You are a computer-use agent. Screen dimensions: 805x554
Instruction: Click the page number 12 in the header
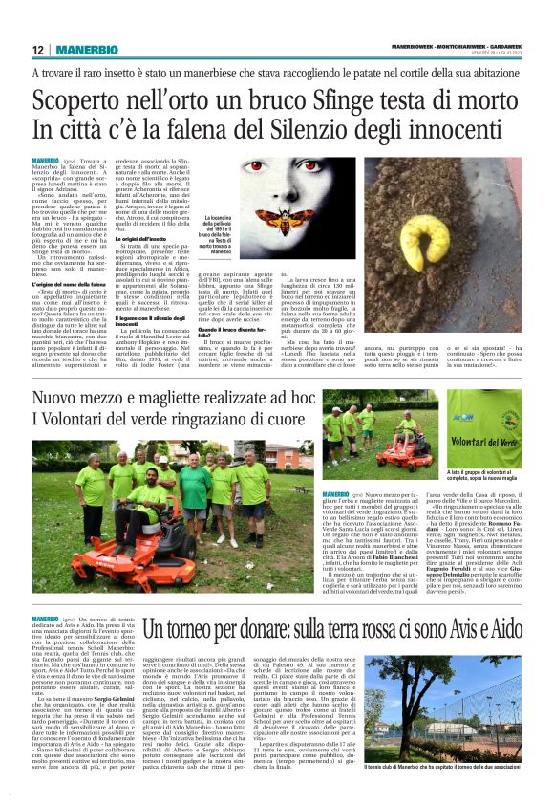coord(37,50)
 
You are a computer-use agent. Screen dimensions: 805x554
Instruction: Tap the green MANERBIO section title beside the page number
coord(76,50)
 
